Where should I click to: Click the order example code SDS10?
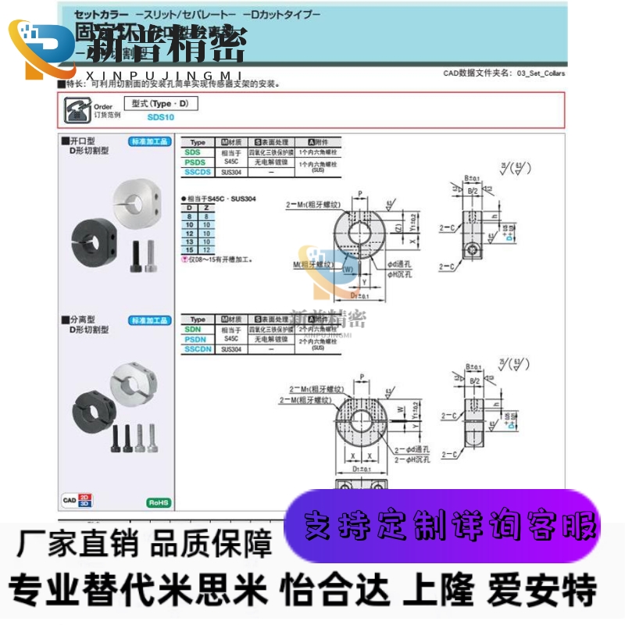[x=160, y=117]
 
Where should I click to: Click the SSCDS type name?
[x=198, y=172]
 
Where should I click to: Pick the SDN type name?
[x=195, y=330]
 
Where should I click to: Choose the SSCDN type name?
[x=198, y=349]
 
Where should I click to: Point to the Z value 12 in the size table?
[x=206, y=250]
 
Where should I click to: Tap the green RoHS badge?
[x=159, y=502]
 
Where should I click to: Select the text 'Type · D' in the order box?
[x=161, y=103]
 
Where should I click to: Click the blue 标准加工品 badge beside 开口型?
[x=149, y=141]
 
